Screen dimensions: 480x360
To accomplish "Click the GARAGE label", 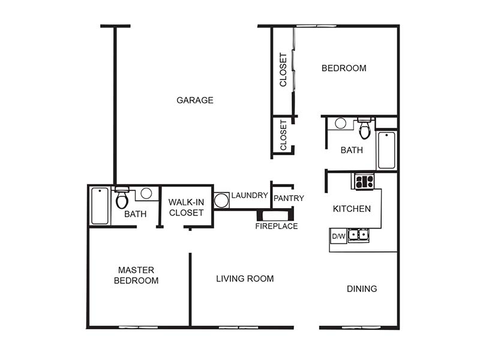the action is pyautogui.click(x=194, y=100).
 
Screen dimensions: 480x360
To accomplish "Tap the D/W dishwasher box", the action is pyautogui.click(x=338, y=236).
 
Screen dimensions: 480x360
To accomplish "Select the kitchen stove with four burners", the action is pyautogui.click(x=364, y=181).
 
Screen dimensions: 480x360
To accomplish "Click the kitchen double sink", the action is pyautogui.click(x=358, y=235).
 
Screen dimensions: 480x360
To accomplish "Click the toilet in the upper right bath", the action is pyautogui.click(x=364, y=128).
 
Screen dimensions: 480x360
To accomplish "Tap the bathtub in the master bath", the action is pyautogui.click(x=100, y=206).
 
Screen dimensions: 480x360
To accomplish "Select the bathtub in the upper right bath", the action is pyautogui.click(x=386, y=150).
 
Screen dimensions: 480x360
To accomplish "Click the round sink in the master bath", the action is pyautogui.click(x=146, y=193).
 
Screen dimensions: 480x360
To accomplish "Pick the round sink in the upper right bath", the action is pyautogui.click(x=340, y=124).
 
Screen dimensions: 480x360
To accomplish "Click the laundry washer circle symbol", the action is pyautogui.click(x=221, y=200).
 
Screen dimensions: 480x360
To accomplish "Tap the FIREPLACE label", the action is pyautogui.click(x=277, y=226).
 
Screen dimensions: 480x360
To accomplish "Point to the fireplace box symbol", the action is pyautogui.click(x=275, y=215).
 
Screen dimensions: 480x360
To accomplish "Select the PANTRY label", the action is pyautogui.click(x=289, y=199).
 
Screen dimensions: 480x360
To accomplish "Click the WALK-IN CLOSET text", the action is pyautogui.click(x=186, y=207).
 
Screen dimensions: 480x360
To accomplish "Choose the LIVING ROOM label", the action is pyautogui.click(x=245, y=278).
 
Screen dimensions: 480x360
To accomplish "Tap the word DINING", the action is pyautogui.click(x=362, y=289).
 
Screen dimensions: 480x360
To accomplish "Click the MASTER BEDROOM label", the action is pyautogui.click(x=136, y=275).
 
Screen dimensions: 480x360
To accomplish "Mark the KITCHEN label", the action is pyautogui.click(x=352, y=209).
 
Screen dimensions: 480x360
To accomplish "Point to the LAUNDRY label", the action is pyautogui.click(x=250, y=196).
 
